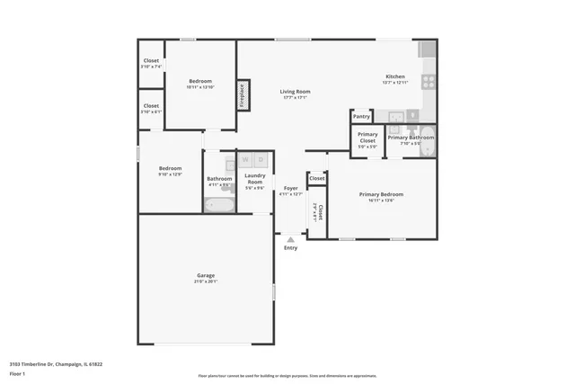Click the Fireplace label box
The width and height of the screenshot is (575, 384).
point(243,95)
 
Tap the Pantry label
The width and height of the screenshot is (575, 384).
point(361,116)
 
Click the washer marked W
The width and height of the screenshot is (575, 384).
point(243,160)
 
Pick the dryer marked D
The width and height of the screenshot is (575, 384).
point(260,160)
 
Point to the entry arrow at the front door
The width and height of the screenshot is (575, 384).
point(290,239)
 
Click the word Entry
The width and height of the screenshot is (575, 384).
point(290,248)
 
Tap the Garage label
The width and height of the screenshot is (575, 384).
point(206,275)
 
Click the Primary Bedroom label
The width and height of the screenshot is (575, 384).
point(381,194)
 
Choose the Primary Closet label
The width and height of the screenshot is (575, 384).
point(367,138)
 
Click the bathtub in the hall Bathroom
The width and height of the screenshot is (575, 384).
point(219,204)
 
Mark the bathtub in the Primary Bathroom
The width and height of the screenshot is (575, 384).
point(428,145)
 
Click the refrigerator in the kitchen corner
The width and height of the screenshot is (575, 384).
point(426,49)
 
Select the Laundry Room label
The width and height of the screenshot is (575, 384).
point(254,178)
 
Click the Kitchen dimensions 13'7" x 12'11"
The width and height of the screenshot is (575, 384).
point(396,83)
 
